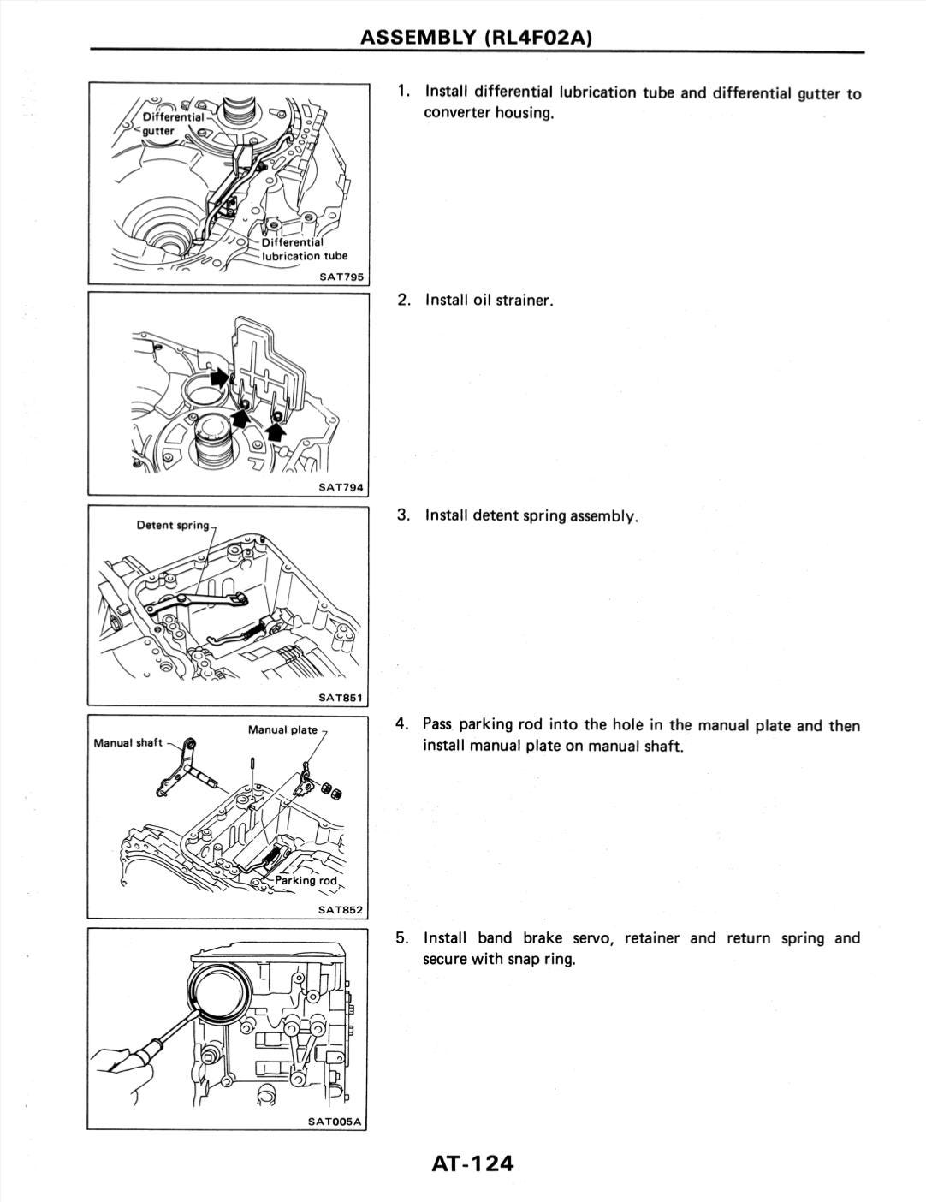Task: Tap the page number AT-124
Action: pyautogui.click(x=472, y=1163)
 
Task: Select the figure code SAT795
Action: pyautogui.click(x=341, y=276)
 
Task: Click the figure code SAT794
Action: pyautogui.click(x=341, y=487)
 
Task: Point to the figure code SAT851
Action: pyautogui.click(x=341, y=697)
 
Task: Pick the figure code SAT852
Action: pyautogui.click(x=341, y=910)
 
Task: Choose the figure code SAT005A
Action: pyautogui.click(x=335, y=1121)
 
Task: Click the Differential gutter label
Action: pyautogui.click(x=171, y=123)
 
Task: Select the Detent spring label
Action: pyautogui.click(x=173, y=524)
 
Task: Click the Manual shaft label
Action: pyautogui.click(x=128, y=742)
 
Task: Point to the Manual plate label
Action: pyautogui.click(x=282, y=729)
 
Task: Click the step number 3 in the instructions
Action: pyautogui.click(x=402, y=515)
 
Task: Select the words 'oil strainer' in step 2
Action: pyautogui.click(x=513, y=300)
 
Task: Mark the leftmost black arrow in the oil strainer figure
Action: pyautogui.click(x=219, y=377)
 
